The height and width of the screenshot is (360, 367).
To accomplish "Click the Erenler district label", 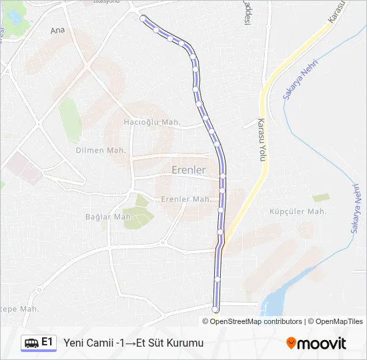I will pyautogui.click(x=189, y=170).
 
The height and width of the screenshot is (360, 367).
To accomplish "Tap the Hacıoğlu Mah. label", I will pyautogui.click(x=153, y=122).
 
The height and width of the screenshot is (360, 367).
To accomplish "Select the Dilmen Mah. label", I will pyautogui.click(x=101, y=151).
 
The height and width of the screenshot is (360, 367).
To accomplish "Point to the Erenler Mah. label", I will pyautogui.click(x=186, y=199).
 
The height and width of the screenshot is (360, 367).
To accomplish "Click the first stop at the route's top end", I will pyautogui.click(x=143, y=18).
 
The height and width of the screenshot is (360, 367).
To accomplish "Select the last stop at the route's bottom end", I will pyautogui.click(x=215, y=309).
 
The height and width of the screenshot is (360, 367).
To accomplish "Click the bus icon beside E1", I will pyautogui.click(x=31, y=343).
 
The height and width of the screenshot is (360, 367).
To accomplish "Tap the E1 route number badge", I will pyautogui.click(x=47, y=342).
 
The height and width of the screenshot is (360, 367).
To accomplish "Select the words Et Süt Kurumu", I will pyautogui.click(x=170, y=343).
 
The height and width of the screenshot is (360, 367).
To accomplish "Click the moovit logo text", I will pyautogui.click(x=322, y=343).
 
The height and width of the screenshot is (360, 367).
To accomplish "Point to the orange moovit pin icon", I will pyautogui.click(x=291, y=343).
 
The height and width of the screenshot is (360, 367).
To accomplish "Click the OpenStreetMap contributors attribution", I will pyautogui.click(x=256, y=321).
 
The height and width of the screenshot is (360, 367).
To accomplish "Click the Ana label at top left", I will pyautogui.click(x=58, y=31).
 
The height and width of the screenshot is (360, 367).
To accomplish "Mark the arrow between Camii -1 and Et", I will pyautogui.click(x=131, y=343).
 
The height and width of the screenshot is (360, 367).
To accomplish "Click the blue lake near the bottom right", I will pyautogui.click(x=275, y=302).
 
